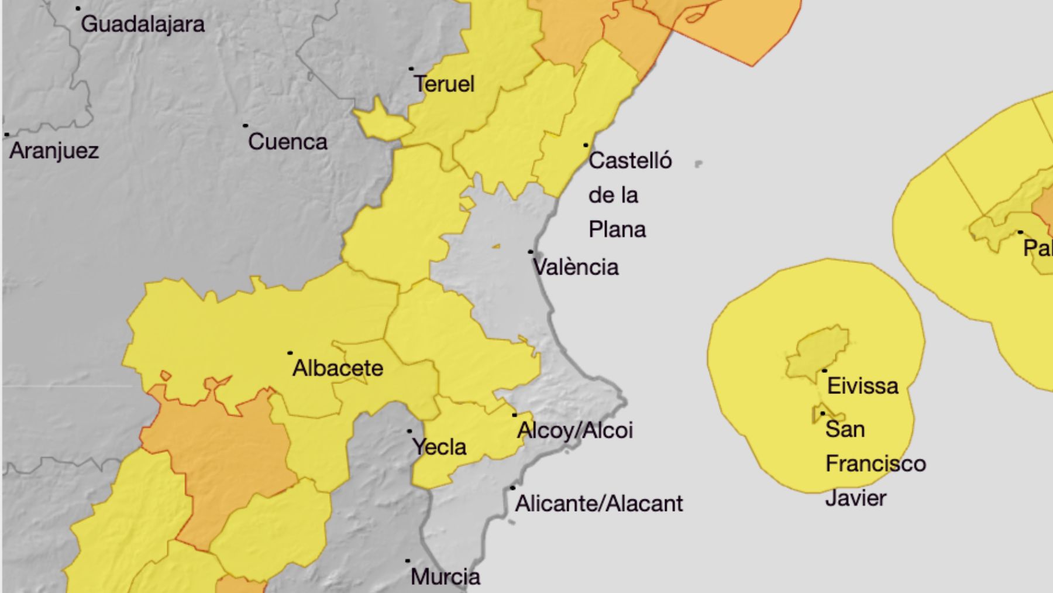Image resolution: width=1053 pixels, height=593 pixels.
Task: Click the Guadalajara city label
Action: [143, 25]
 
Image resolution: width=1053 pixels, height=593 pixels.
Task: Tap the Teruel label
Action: [445, 84]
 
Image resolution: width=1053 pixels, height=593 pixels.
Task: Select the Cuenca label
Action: [287, 142]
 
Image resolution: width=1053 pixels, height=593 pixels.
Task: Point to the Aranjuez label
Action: [54, 151]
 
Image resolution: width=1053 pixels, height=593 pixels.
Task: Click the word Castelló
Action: [630, 161]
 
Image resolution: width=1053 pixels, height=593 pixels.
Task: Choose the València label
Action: [576, 268]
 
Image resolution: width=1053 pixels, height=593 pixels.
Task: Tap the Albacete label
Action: [338, 368]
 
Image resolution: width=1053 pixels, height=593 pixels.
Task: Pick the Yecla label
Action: [439, 447]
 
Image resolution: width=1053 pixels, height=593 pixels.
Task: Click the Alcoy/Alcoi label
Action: [575, 431]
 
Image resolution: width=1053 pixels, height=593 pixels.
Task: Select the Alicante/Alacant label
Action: [599, 504]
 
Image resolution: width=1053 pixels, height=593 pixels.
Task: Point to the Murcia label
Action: [445, 577]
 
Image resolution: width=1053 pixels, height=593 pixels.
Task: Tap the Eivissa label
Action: [862, 386]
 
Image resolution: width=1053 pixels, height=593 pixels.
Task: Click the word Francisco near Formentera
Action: [876, 464]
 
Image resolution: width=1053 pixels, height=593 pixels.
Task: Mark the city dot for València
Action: [531, 252]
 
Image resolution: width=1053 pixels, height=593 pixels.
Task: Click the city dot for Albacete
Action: [290, 353]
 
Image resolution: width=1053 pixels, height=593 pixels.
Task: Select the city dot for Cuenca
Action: [245, 126]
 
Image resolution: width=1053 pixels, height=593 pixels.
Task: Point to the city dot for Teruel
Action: [411, 69]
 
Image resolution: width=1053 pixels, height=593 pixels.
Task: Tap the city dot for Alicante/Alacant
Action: [512, 488]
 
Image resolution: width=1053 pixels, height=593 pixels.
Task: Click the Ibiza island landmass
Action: [817, 354]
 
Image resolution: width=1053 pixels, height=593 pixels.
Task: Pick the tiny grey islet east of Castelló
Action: [698, 164]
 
